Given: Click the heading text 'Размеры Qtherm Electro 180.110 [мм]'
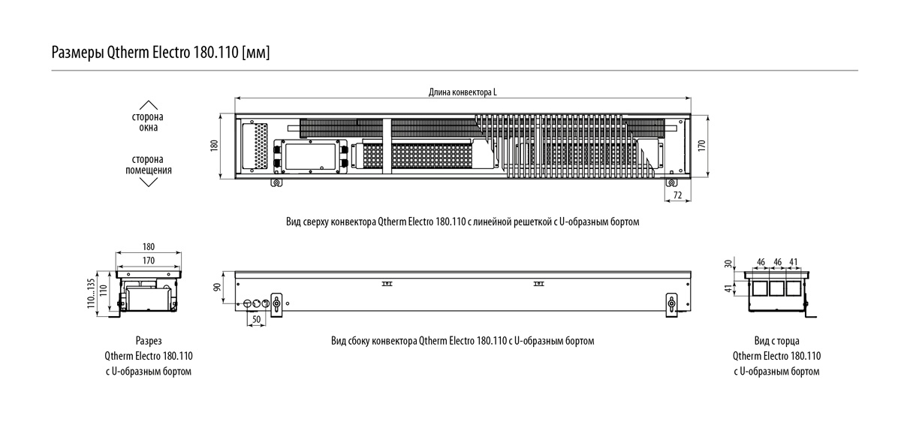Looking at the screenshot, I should (160, 53).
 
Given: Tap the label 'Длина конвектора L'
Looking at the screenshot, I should (463, 92).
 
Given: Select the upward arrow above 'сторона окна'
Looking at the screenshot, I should (149, 105).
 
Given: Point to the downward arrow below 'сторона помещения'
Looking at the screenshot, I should (149, 182).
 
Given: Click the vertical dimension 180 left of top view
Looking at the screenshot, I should (214, 146).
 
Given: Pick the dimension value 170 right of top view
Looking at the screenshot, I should (702, 146).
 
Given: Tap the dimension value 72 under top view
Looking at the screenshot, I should (677, 196).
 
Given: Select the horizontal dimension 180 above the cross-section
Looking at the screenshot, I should (148, 246).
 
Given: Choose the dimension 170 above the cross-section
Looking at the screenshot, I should (148, 261).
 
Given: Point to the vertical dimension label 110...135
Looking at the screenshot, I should (92, 293).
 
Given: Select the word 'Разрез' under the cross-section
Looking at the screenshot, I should (149, 340).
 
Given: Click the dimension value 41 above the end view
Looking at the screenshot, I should (794, 261).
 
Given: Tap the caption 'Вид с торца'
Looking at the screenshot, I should (776, 340).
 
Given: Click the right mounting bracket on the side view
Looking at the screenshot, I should (670, 304).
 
